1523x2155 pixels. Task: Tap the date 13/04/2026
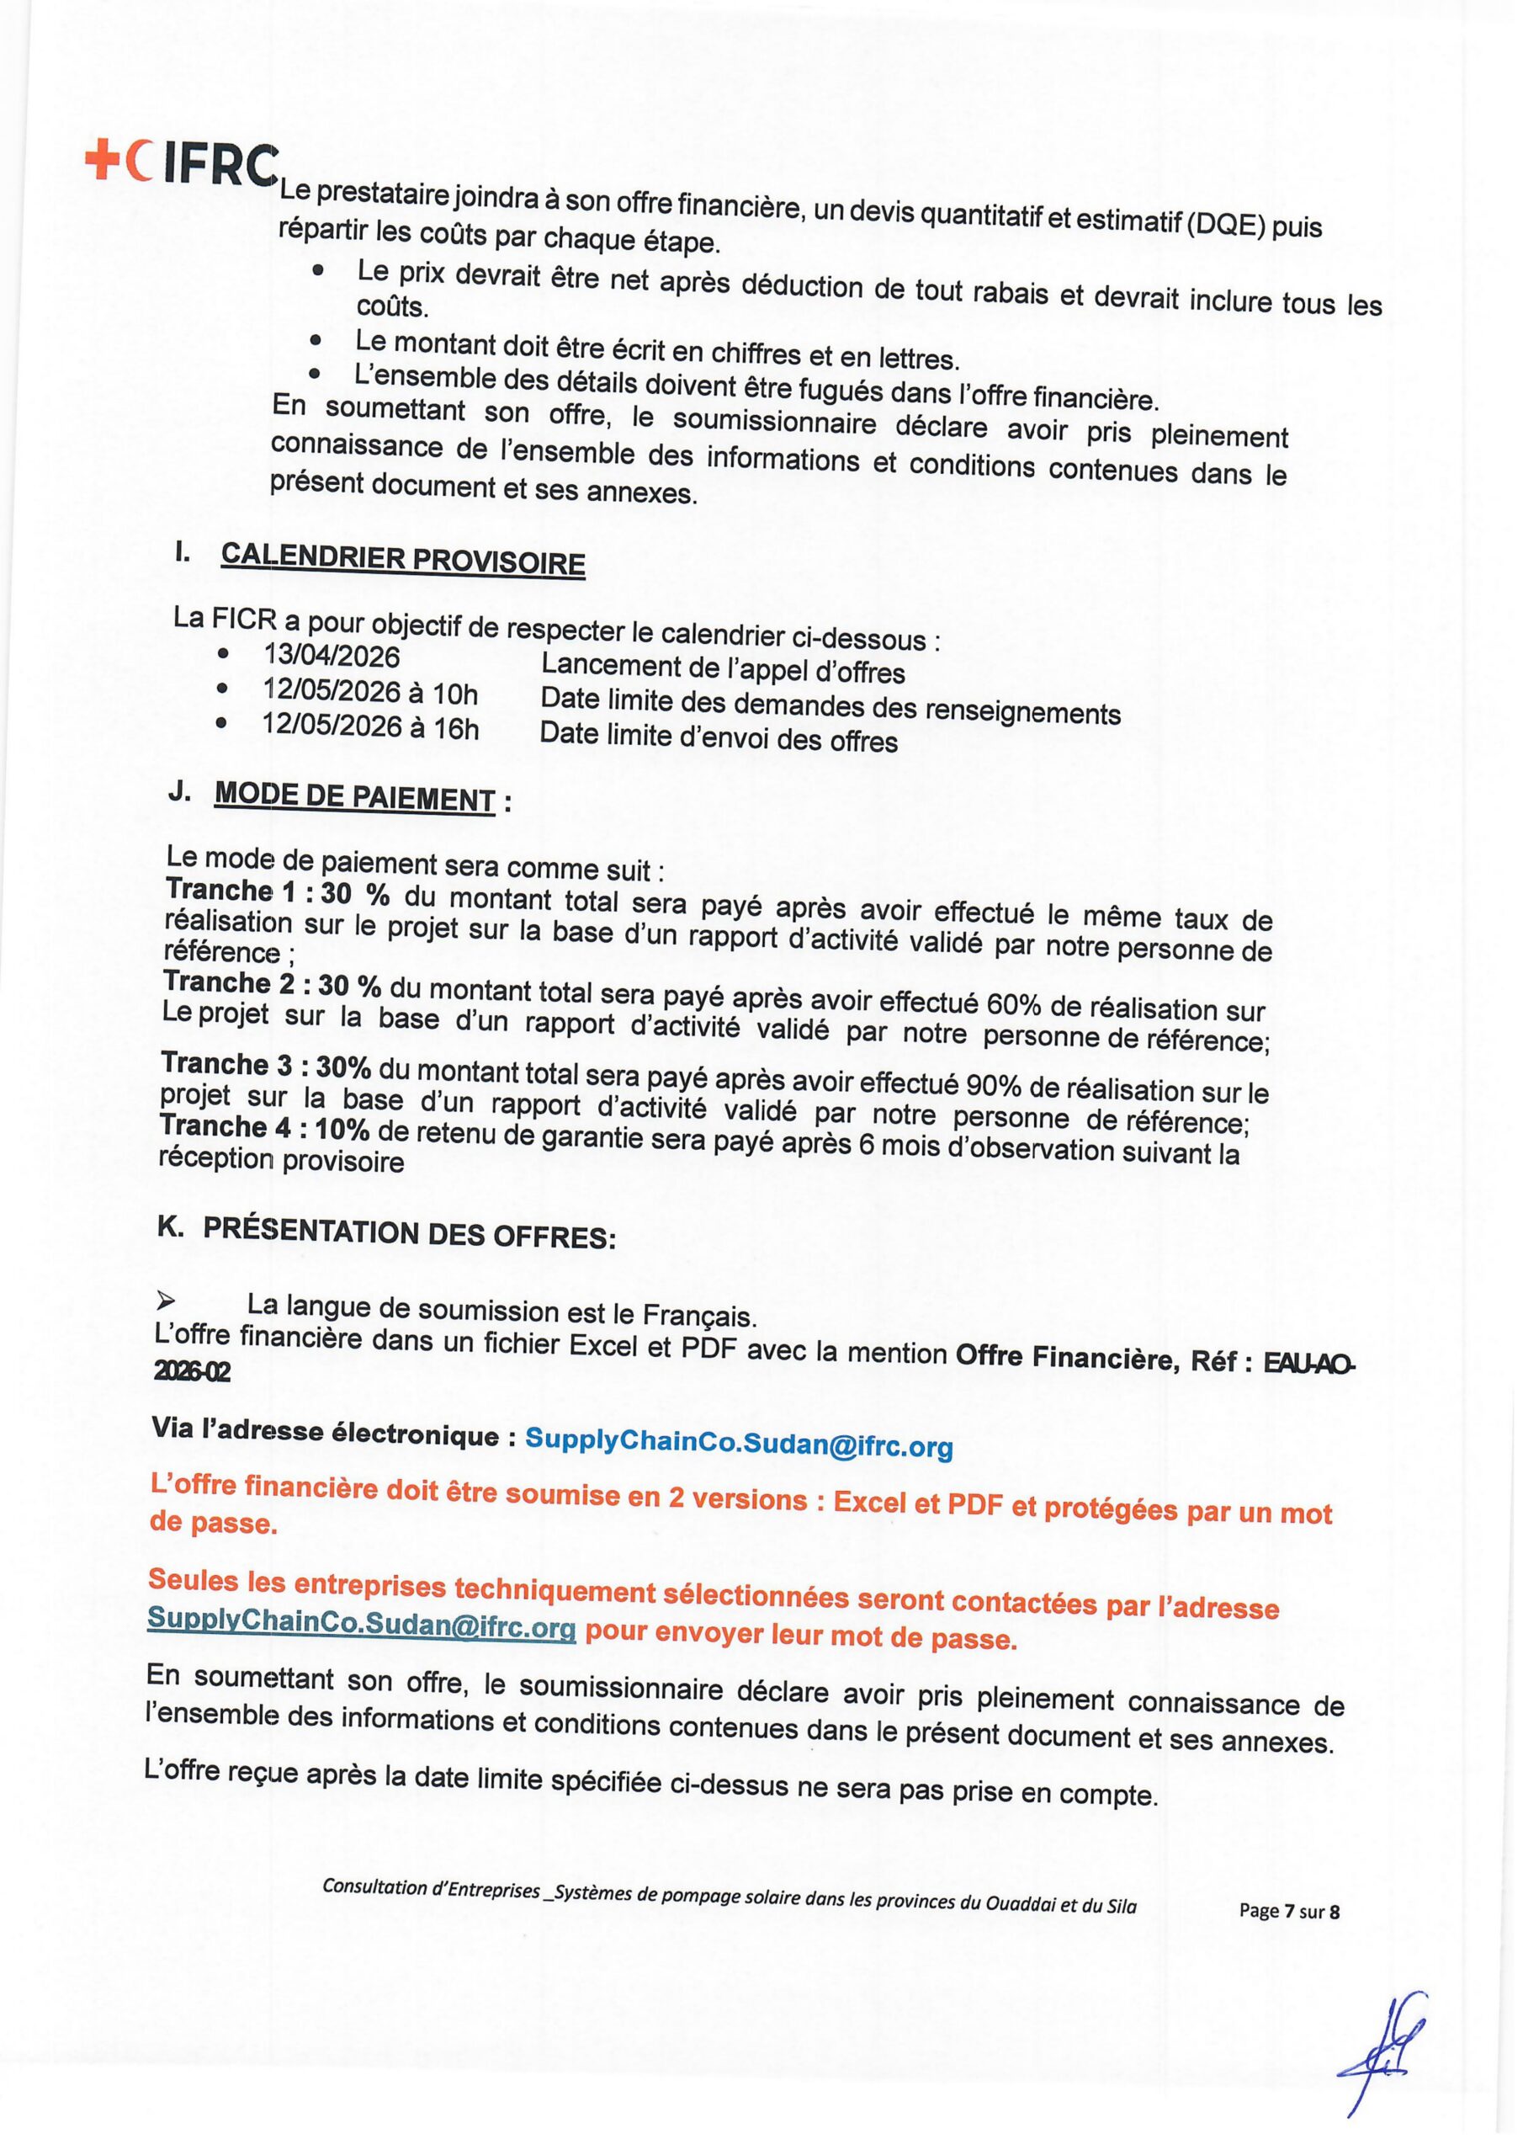pos(332,656)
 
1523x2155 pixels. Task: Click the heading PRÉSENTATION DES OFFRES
pos(409,1233)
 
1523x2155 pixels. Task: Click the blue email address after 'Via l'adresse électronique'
pos(739,1445)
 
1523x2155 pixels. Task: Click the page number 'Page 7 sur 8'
pos(1289,1911)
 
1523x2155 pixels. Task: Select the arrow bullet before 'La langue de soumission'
pos(166,1301)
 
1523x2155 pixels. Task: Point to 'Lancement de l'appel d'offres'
pos(723,669)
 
